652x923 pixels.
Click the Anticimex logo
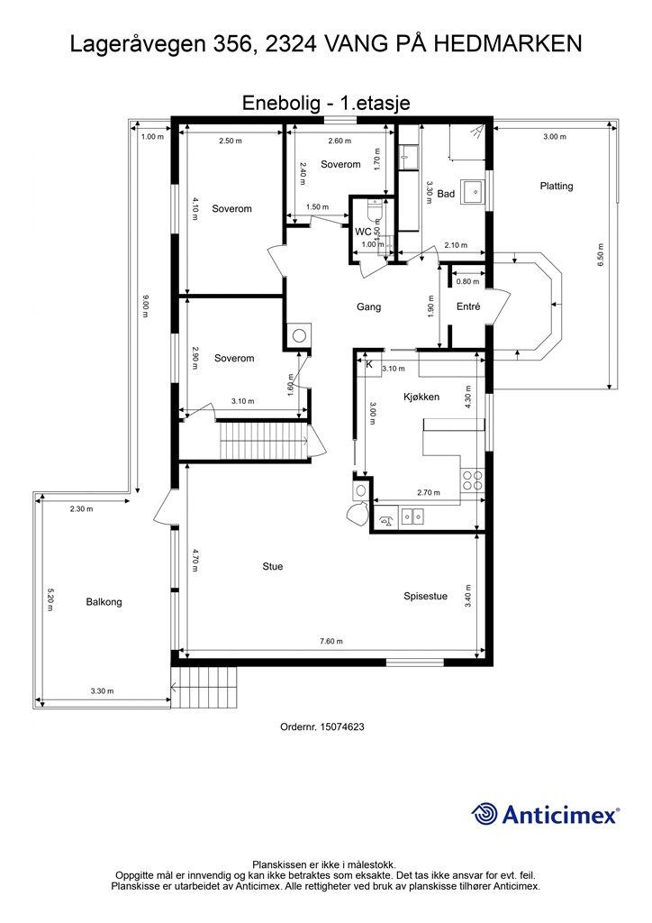click(545, 814)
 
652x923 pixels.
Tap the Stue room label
click(273, 566)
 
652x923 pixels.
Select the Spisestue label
click(425, 597)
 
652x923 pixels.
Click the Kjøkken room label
click(421, 397)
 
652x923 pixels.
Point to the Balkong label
click(104, 601)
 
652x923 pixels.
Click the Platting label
click(557, 186)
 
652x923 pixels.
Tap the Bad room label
click(446, 194)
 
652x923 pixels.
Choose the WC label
click(363, 232)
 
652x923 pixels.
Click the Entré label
click(468, 306)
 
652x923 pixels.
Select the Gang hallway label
click(368, 306)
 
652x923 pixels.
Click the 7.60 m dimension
click(331, 641)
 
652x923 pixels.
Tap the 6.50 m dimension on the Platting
click(601, 255)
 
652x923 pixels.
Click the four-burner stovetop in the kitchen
click(472, 480)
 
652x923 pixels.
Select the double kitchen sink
click(412, 516)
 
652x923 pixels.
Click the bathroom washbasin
click(473, 191)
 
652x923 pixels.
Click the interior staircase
click(262, 441)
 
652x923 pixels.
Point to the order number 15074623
click(322, 727)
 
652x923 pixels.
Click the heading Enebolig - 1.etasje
click(326, 103)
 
